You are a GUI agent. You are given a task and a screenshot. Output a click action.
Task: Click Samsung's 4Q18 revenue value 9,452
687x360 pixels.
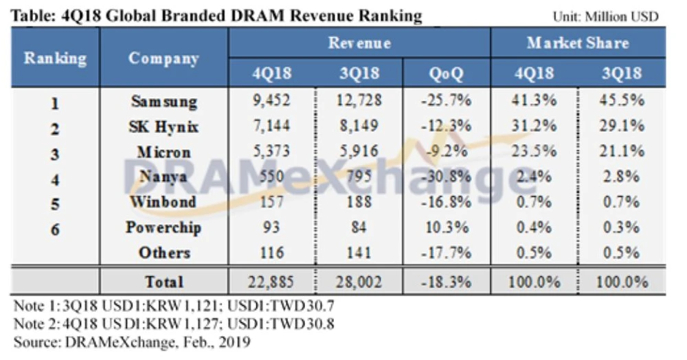pos(271,101)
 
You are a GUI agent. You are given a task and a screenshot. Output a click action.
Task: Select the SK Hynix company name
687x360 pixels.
pos(164,126)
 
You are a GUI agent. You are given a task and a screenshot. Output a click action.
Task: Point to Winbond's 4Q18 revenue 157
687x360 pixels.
pos(271,202)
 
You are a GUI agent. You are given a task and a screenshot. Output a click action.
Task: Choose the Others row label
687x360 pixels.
pos(164,252)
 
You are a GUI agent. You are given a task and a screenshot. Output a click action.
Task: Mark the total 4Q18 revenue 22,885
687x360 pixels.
pos(271,282)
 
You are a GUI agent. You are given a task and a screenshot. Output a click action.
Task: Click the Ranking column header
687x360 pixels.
pos(56,58)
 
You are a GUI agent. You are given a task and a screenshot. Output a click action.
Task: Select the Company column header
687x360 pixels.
pos(164,58)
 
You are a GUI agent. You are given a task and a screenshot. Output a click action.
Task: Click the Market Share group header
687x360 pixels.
pos(577,43)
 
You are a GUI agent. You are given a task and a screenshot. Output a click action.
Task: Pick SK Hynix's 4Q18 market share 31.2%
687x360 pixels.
pos(533,126)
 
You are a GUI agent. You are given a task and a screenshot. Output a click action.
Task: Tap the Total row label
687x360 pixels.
pos(164,282)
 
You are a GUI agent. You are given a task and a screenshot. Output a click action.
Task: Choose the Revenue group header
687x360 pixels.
pos(359,43)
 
